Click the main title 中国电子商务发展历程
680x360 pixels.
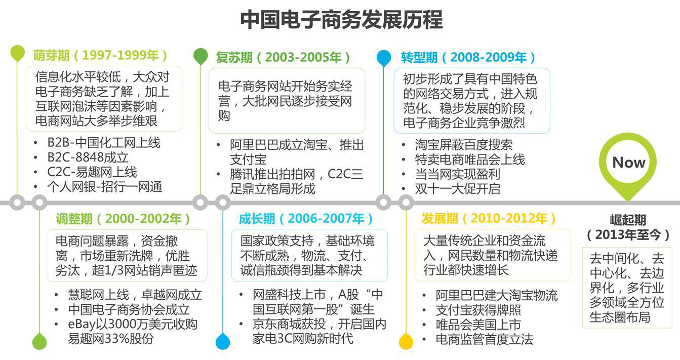point(341,20)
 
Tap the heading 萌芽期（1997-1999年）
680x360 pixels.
point(100,55)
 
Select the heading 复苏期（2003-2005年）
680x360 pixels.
point(283,57)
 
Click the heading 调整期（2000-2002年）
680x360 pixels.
point(123,219)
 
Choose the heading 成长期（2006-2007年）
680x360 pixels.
point(306,219)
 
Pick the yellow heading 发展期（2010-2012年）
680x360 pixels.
point(489,218)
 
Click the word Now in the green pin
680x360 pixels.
point(629,163)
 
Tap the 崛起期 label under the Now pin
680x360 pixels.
point(628,220)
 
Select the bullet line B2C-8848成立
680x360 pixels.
point(88,157)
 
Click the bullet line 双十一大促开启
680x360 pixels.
point(458,189)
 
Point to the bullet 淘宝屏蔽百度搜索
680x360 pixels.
point(464,145)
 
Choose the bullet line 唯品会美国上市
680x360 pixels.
point(478,325)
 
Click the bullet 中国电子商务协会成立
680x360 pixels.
point(129,309)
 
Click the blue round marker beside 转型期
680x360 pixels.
point(384,58)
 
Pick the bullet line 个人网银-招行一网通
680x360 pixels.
point(105,187)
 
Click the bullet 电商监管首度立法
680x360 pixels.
point(485,339)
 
